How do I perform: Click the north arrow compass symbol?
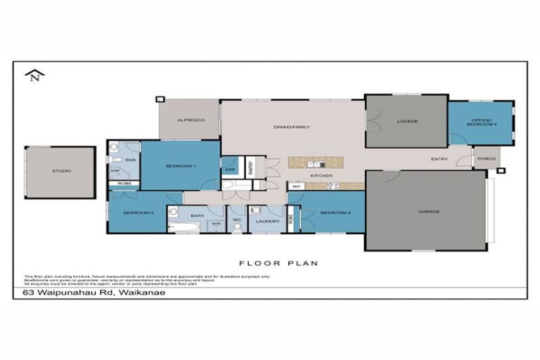33,75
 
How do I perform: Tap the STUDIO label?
61,171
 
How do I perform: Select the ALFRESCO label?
190,120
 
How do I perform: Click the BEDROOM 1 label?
181,166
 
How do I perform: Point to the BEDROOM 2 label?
138,212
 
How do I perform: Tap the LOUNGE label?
407,121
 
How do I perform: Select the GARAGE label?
428,211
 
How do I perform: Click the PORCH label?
486,158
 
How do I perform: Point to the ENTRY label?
439,159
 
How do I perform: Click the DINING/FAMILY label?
291,127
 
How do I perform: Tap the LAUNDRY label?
267,221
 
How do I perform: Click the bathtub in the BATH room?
185,227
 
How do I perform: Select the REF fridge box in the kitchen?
296,186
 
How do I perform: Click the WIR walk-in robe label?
229,169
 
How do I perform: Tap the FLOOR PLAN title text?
278,263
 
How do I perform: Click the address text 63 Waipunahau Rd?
94,292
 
